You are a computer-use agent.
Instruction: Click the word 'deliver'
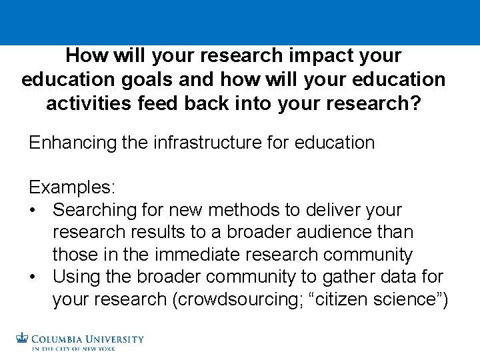328,210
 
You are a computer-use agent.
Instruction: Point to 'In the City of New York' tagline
73,348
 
